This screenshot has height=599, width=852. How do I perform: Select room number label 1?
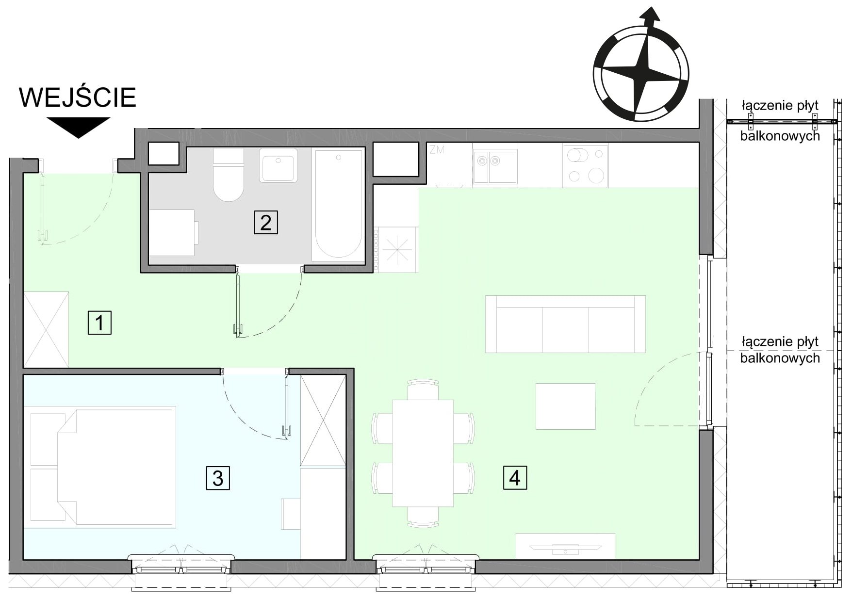(99, 323)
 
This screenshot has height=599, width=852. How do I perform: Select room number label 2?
(266, 223)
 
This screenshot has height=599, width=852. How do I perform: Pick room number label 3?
(218, 478)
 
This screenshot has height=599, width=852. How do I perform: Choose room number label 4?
(515, 478)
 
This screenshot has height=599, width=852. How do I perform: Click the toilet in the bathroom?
(229, 175)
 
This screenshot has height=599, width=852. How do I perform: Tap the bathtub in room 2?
(339, 205)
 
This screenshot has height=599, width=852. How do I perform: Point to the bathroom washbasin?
(278, 165)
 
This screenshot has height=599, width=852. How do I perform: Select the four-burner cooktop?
(586, 166)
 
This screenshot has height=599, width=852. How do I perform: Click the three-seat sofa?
(565, 324)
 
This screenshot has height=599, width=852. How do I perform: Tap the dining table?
(423, 453)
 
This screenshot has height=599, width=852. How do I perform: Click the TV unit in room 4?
(565, 546)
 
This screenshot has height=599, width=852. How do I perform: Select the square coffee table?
(565, 406)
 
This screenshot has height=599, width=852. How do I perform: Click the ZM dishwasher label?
(437, 150)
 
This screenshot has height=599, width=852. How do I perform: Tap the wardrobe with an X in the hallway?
(46, 329)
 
